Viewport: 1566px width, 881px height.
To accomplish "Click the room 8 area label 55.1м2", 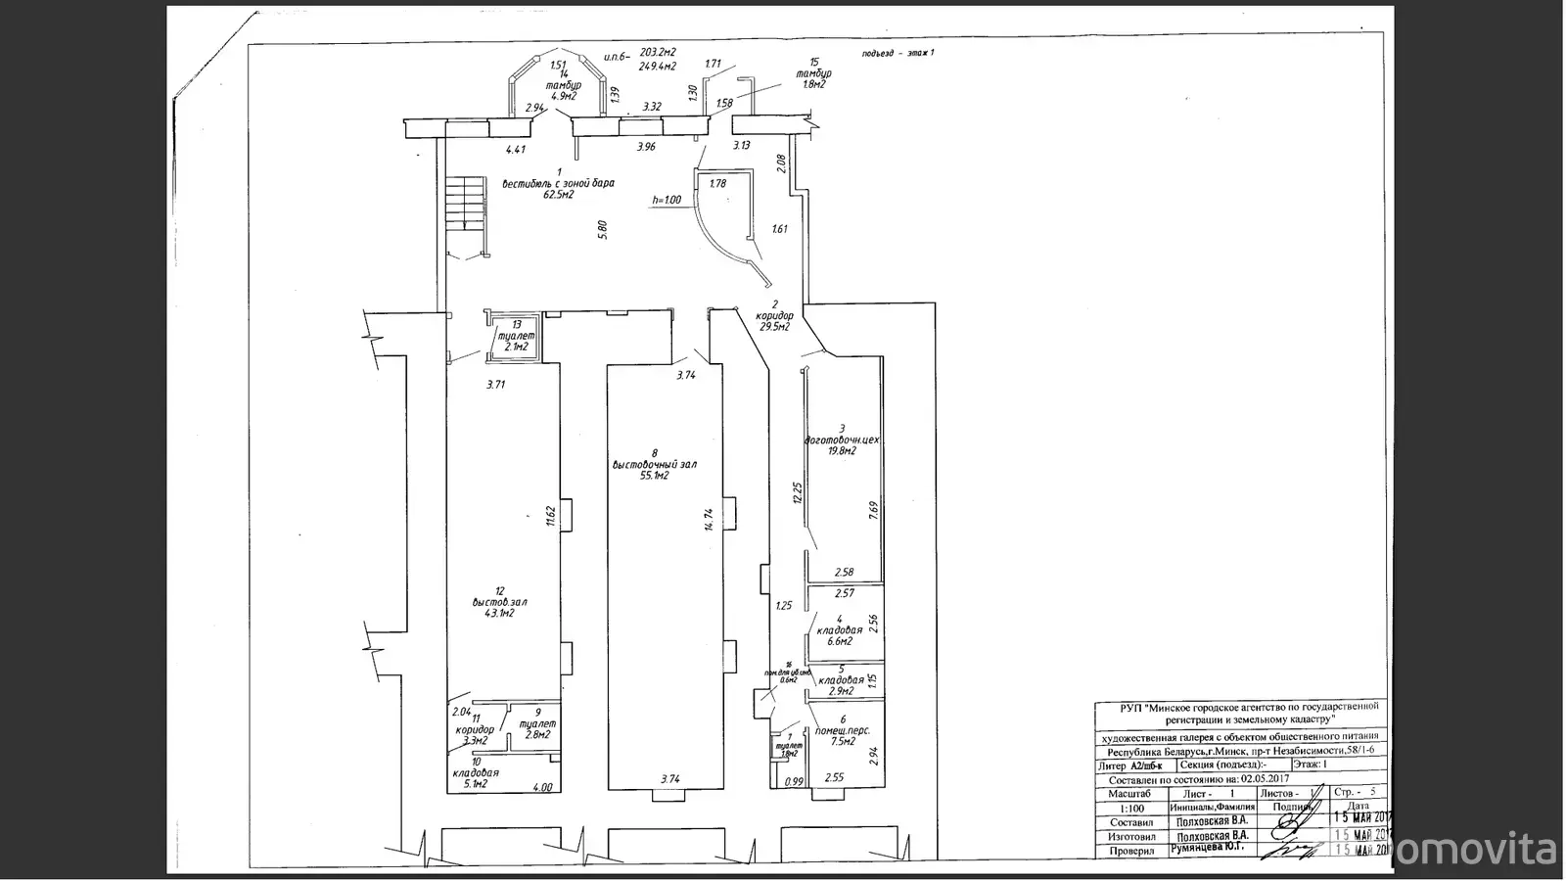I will point(655,476).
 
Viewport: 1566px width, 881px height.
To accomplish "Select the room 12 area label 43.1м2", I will point(499,613).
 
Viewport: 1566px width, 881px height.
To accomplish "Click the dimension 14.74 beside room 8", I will point(708,519).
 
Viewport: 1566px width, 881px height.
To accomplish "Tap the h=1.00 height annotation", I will point(667,201).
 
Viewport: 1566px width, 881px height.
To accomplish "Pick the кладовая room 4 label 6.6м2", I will point(839,641).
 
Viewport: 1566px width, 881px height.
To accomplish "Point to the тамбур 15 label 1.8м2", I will point(814,84).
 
